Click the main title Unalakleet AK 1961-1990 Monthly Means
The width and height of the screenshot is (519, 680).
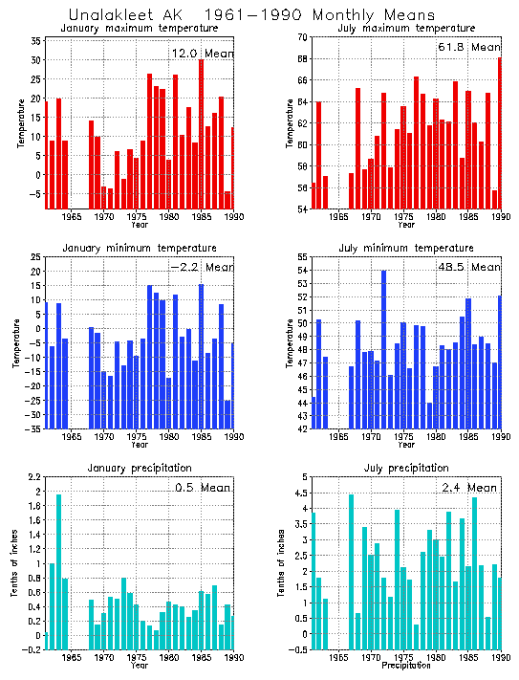coord(251,14)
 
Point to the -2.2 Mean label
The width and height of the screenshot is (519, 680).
coord(201,267)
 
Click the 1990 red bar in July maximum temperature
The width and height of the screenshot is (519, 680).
coord(499,134)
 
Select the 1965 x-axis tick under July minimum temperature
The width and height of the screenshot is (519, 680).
coord(336,437)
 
